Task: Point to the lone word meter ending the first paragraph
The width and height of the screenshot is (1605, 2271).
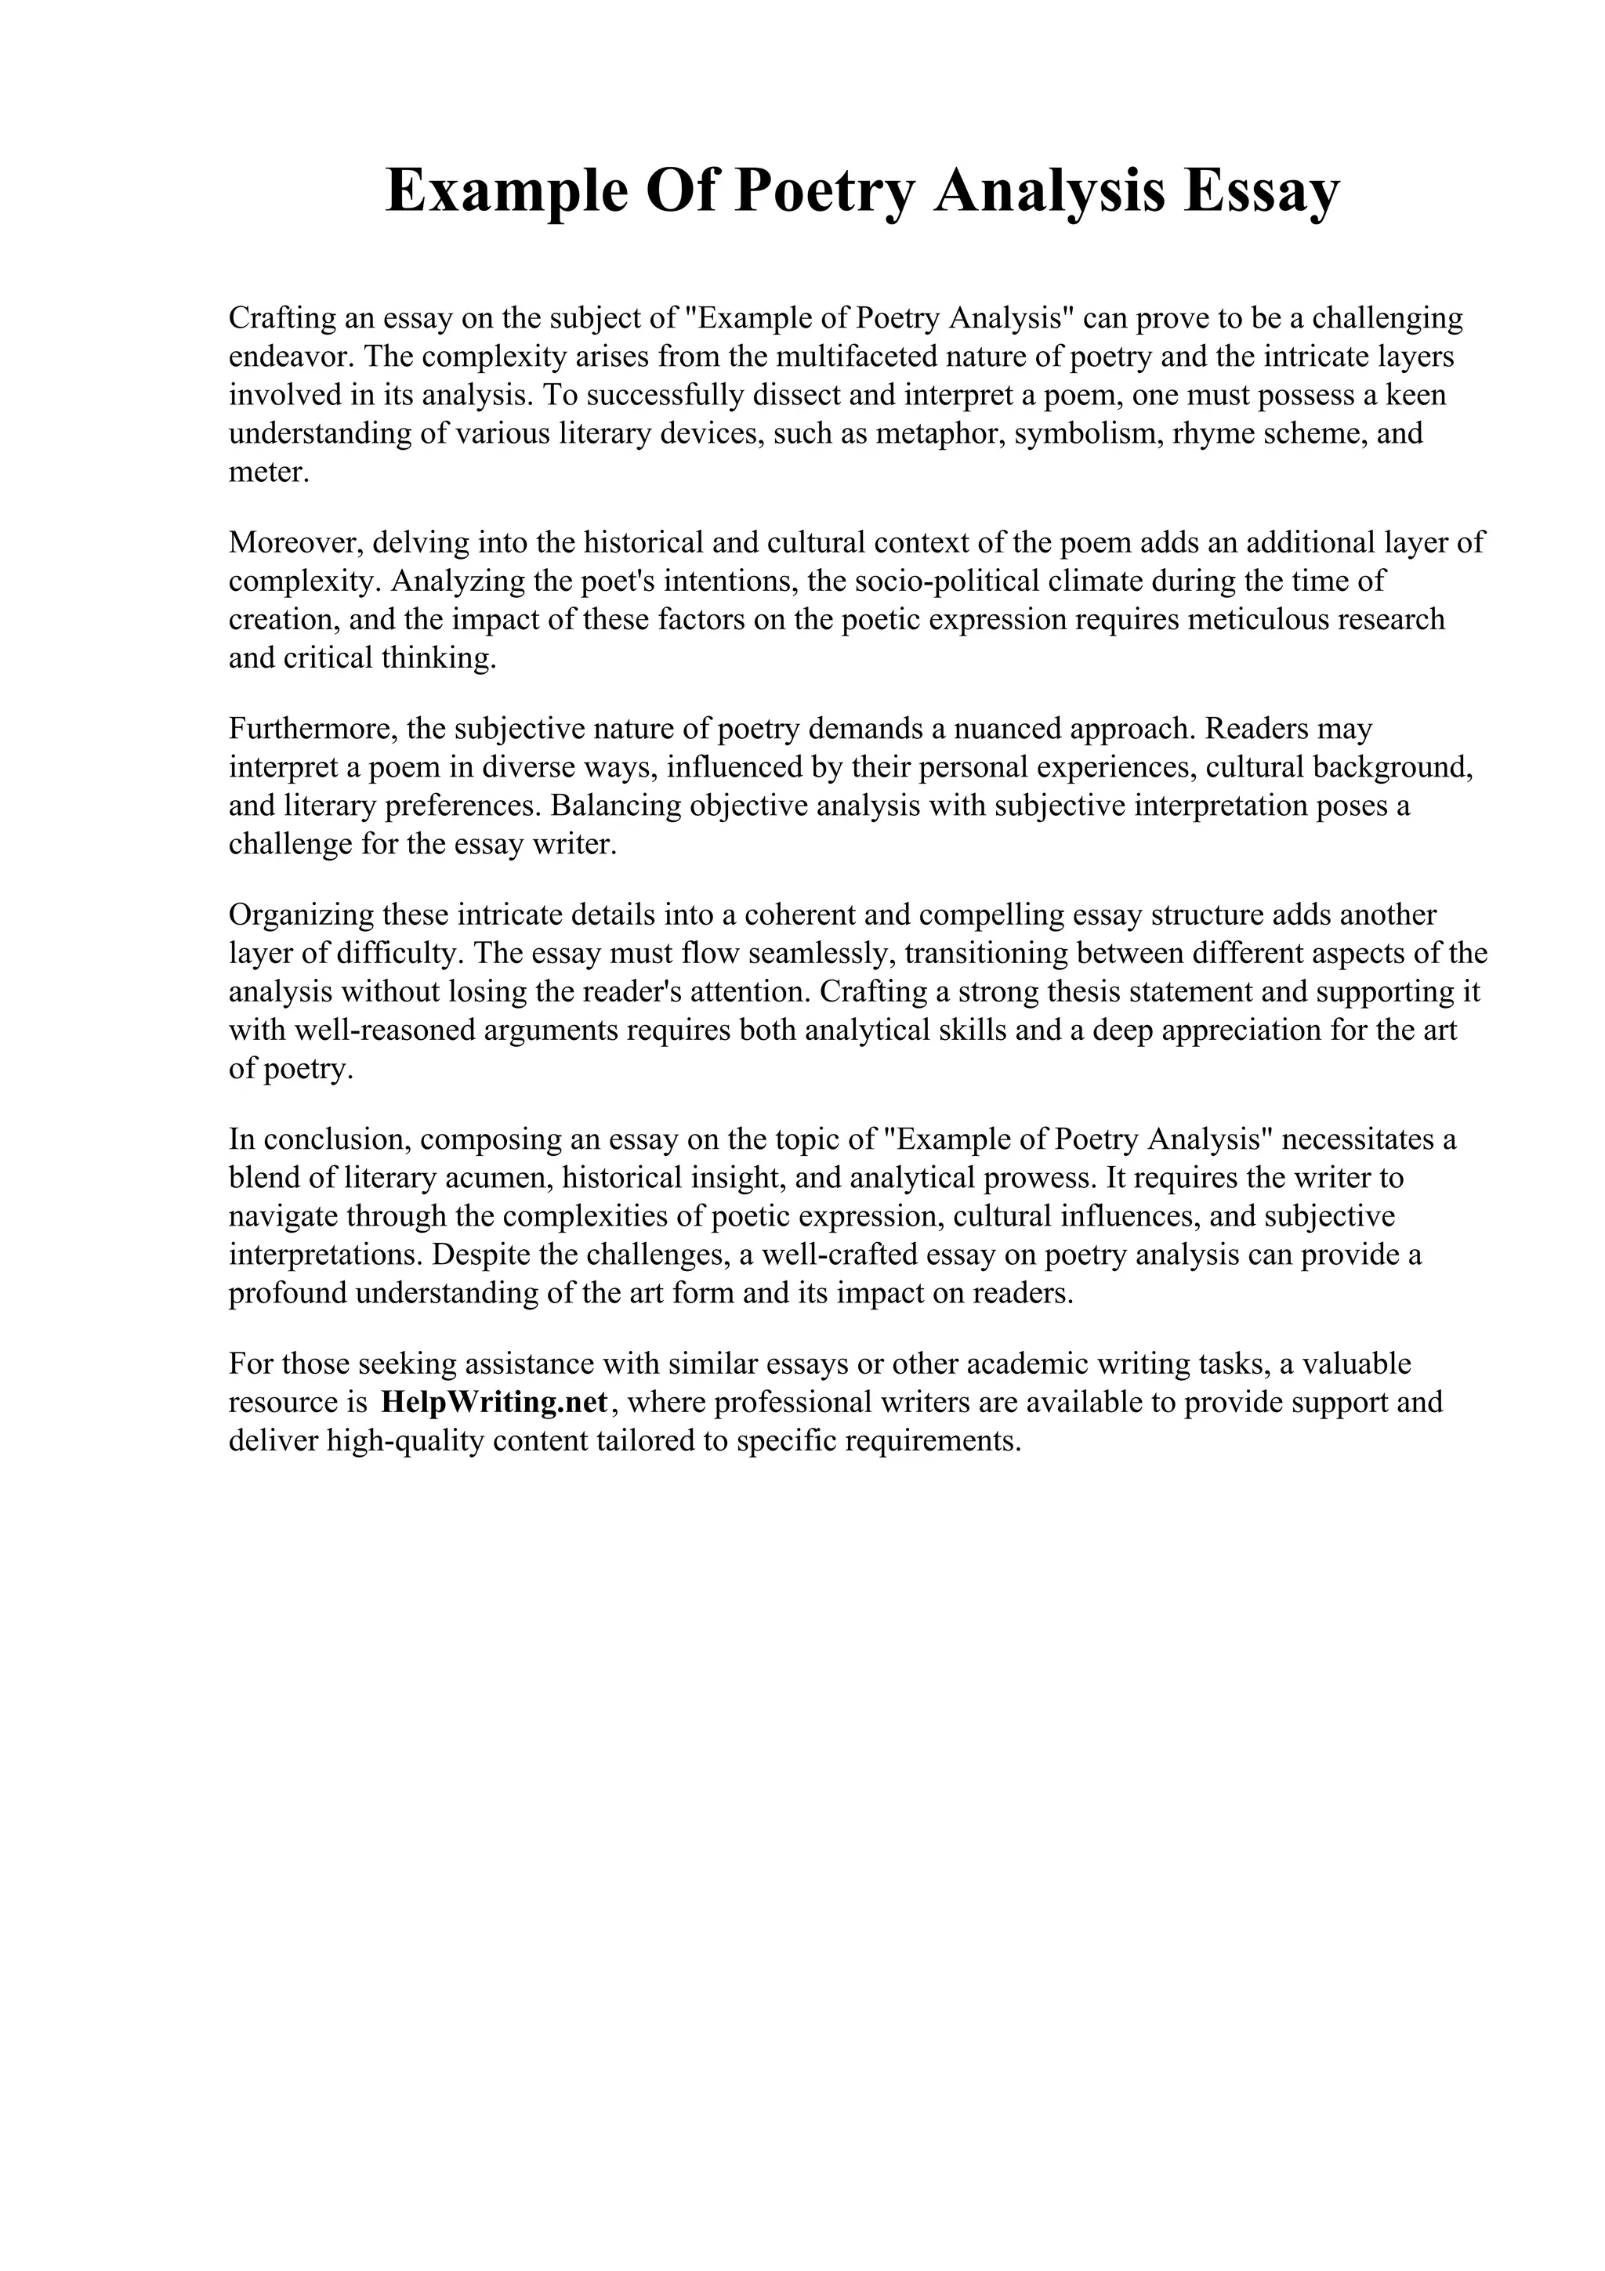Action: point(268,472)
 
